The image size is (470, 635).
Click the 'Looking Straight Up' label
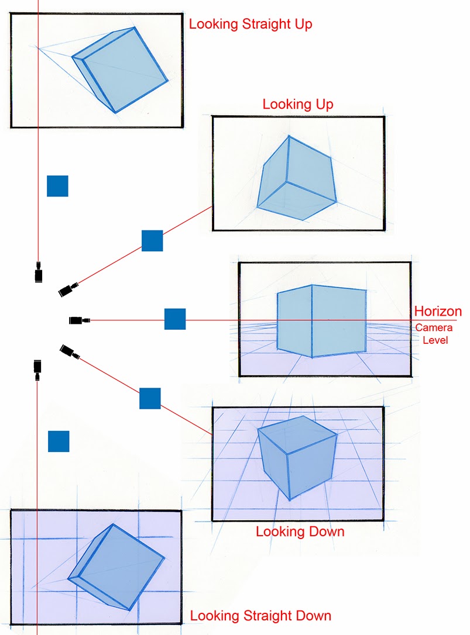(x=251, y=25)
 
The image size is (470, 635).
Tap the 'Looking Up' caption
(x=298, y=105)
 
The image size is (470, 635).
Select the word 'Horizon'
(x=438, y=311)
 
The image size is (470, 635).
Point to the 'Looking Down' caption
(x=300, y=532)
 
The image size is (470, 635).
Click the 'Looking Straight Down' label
(x=260, y=616)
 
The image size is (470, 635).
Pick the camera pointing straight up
(x=39, y=273)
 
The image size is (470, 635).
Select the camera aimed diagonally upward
(x=69, y=289)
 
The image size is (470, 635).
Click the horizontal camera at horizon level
(x=79, y=320)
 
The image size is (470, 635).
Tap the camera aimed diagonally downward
(x=70, y=351)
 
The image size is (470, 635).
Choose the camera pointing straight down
(x=37, y=368)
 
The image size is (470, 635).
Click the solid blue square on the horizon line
(x=175, y=319)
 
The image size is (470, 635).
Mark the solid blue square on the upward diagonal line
(x=152, y=241)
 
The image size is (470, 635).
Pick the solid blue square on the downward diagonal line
(x=150, y=398)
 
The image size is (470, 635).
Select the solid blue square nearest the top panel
(x=57, y=186)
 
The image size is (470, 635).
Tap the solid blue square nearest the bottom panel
(x=59, y=441)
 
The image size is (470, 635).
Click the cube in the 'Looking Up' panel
(x=297, y=180)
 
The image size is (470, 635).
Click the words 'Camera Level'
(x=434, y=334)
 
